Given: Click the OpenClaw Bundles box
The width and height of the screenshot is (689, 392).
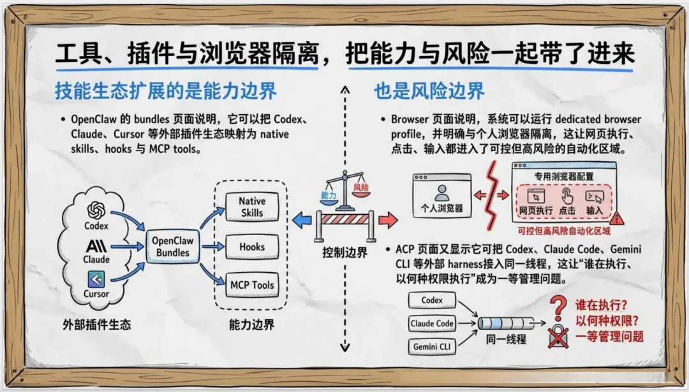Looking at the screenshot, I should click(172, 246).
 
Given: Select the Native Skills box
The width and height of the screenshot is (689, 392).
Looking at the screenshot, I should click(251, 207).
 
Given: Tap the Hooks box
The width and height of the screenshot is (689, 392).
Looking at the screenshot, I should click(251, 246).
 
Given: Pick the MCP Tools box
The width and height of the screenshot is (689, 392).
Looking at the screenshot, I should click(251, 285).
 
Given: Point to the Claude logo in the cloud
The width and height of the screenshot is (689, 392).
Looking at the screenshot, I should click(96, 245).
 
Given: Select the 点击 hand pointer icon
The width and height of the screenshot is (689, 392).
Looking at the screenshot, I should click(567, 196).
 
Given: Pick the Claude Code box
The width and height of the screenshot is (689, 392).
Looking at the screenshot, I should click(432, 324).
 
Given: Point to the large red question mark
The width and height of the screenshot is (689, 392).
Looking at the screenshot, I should click(559, 308).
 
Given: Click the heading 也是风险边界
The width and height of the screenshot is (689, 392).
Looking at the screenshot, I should click(429, 91).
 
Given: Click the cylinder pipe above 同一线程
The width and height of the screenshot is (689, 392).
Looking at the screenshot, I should click(507, 323).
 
